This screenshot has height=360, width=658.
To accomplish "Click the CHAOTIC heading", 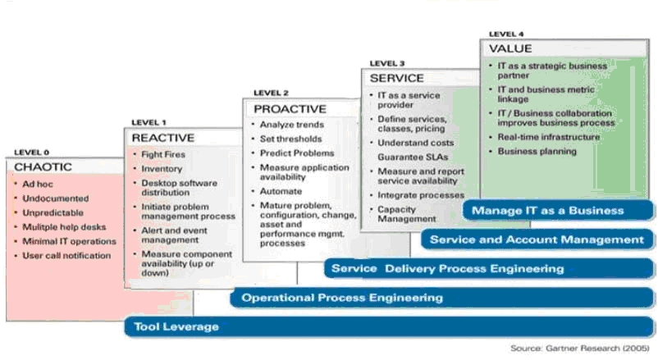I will click(43, 166).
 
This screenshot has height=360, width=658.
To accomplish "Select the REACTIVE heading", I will click(162, 138).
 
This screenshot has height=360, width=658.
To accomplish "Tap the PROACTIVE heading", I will click(289, 108).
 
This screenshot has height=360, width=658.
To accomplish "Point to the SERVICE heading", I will click(396, 78).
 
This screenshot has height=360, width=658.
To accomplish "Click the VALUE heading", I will click(509, 48).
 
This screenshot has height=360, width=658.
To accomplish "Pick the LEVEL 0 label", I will click(32, 153).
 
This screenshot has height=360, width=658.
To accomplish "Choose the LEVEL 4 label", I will click(506, 34).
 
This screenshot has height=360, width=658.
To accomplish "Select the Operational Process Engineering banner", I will click(342, 297).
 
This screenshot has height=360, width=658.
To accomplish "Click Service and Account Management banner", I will click(537, 239).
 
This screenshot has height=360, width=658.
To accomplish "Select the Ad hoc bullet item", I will click(38, 185).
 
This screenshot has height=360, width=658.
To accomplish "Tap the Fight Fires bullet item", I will click(162, 154).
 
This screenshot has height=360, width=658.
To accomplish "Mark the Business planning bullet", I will click(537, 151).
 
